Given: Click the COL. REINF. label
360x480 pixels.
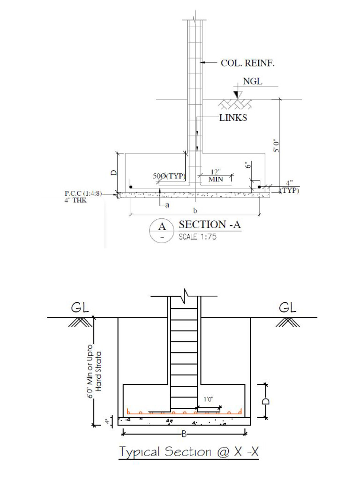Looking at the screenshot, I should tap(247, 64).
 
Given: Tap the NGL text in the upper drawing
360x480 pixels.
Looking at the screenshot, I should tap(253, 82).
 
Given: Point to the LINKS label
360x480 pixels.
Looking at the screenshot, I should tap(233, 118).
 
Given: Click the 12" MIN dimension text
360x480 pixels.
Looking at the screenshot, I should tap(216, 176).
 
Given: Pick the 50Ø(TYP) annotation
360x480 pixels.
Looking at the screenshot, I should tap(169, 176).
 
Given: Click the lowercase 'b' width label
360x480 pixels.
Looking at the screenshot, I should tap(195, 211).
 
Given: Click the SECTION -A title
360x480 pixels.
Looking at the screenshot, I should tap(210, 225).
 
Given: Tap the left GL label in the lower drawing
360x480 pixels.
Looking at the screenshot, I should tap(80, 307).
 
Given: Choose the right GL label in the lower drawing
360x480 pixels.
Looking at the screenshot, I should tap(288, 307).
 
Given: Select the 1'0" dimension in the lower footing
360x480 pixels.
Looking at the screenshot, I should tap(208, 400).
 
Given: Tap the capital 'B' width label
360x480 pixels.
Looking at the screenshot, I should tap(184, 434).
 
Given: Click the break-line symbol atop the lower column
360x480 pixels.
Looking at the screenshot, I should tap(186, 296).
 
